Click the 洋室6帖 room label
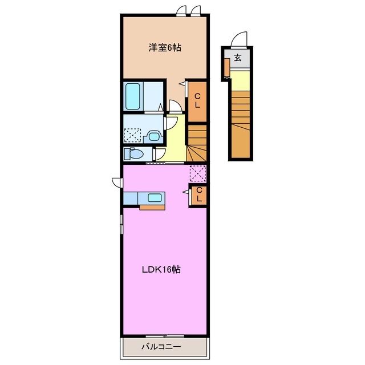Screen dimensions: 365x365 tap(165, 48)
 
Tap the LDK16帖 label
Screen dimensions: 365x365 tap(161, 270)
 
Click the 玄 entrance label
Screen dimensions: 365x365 tap(238, 58)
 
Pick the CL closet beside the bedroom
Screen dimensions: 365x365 tap(197, 102)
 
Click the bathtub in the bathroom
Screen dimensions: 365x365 tap(133, 96)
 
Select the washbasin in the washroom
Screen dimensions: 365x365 tap(153, 136)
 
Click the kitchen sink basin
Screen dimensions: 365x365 tap(155, 198)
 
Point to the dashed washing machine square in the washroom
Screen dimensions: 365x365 tap(132, 135)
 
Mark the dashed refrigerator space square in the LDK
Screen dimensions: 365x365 tap(198, 173)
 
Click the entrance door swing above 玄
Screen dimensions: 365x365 tap(240, 39)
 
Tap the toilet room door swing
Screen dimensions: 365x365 tap(160, 154)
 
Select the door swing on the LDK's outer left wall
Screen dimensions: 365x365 tap(117, 182)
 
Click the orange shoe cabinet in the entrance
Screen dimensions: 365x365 tap(227, 67)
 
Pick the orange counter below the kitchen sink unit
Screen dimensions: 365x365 tap(152, 208)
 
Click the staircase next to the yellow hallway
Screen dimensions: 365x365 tap(197, 143)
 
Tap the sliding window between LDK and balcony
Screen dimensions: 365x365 tap(165, 336)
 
